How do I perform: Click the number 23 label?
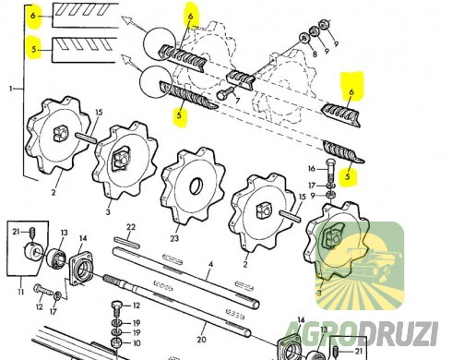pos(174,238)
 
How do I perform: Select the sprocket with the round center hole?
pos(193,186)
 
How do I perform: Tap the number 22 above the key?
pos(131,227)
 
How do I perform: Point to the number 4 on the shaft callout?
pos(210,264)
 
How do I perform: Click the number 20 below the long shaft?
pos(201,340)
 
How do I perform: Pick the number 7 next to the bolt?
pos(237,100)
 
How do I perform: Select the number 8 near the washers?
pos(315,54)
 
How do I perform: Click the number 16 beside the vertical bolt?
pos(312,169)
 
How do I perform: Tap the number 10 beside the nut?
pos(137,342)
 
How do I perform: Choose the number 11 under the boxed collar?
pos(20,292)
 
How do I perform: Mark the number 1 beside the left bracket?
pos(11,89)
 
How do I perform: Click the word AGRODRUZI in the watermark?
pos(361,333)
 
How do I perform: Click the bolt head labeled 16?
pos(329,162)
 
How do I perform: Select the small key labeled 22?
pos(127,242)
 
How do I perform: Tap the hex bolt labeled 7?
pos(226,93)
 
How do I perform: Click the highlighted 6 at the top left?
pos(33,16)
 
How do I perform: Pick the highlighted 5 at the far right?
pos(348,176)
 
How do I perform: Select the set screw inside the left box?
pos(31,233)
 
